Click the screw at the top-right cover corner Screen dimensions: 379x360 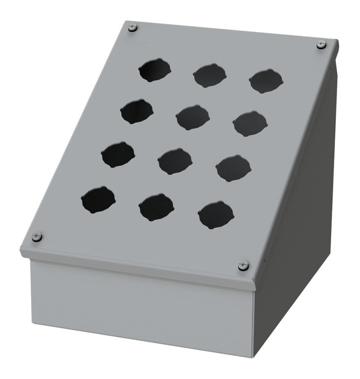[x=321, y=44]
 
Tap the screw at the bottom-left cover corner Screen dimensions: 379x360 [x=37, y=237]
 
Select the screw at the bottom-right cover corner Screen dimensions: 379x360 [x=243, y=266]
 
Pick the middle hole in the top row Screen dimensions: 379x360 [x=210, y=76]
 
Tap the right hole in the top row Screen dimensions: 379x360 [x=266, y=81]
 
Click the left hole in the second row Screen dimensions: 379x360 [x=136, y=112]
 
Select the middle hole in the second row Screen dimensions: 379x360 [x=193, y=117]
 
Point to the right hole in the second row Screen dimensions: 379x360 [x=250, y=123]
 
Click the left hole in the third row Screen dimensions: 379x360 [x=118, y=155]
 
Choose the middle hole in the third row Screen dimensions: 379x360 [x=175, y=161]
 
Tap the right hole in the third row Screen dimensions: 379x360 [x=233, y=168]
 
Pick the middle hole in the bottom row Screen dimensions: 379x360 [x=156, y=207]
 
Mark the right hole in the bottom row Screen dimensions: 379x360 [x=216, y=215]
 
